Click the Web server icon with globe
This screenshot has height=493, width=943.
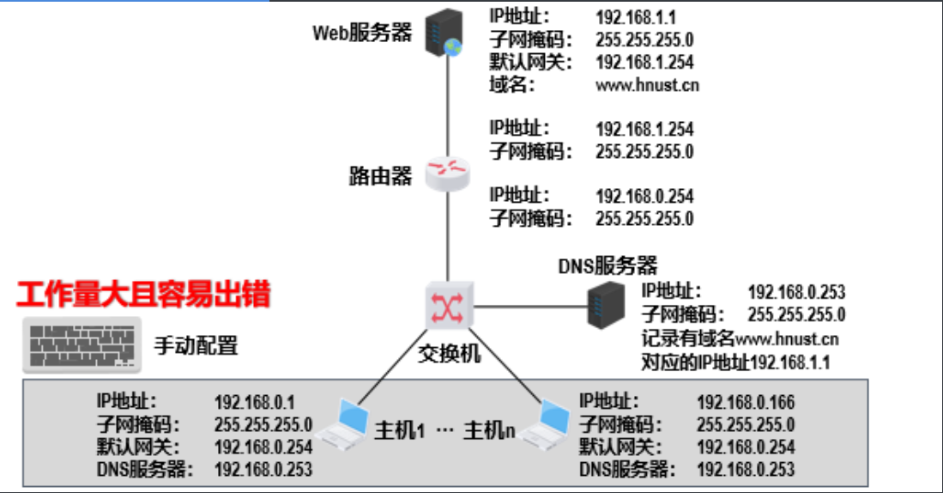[444, 33]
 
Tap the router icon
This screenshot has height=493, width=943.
[447, 174]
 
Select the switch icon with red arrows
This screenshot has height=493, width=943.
[449, 306]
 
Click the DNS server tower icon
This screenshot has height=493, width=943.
[606, 306]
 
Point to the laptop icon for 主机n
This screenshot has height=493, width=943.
[544, 424]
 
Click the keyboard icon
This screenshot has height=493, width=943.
[82, 345]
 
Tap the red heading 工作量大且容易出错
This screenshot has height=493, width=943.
[144, 295]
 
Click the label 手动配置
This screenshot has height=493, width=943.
[196, 346]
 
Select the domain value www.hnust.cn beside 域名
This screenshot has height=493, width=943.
[647, 86]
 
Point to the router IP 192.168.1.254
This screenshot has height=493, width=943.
[644, 130]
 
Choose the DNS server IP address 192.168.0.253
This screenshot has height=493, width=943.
[796, 293]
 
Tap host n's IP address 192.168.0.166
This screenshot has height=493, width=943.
[745, 402]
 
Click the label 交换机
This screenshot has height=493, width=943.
[450, 354]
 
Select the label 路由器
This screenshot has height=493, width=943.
[381, 176]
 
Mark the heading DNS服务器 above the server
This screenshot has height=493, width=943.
[608, 265]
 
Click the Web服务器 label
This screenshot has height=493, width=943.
[362, 33]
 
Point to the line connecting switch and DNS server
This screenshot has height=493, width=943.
[530, 307]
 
